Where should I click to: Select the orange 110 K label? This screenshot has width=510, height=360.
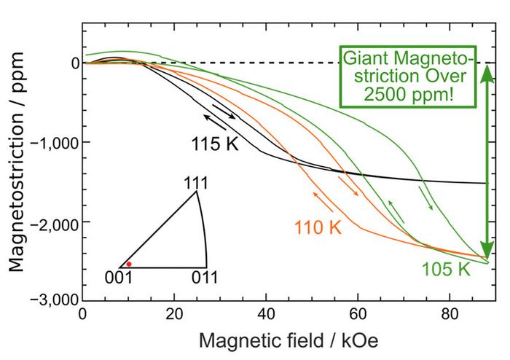(318, 227)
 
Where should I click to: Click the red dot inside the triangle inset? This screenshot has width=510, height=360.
(129, 264)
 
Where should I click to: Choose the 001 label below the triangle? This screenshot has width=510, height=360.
(119, 278)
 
